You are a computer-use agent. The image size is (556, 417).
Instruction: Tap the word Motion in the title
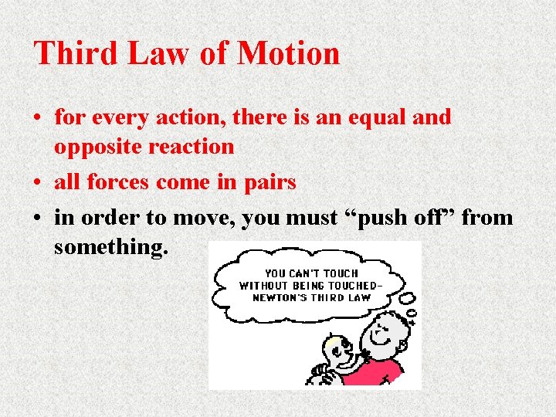288,53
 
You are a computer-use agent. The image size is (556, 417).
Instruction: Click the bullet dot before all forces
37,183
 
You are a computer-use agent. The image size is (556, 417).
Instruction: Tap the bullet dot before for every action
37,118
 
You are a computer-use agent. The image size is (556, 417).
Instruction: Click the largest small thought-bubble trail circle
407,298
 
